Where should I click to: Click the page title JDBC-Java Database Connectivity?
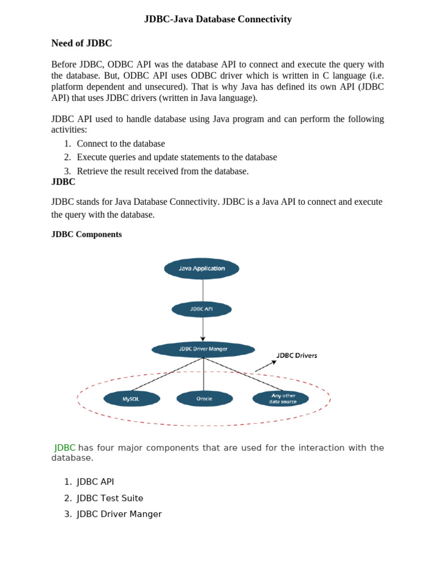click(x=217, y=19)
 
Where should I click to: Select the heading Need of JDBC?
click(x=82, y=43)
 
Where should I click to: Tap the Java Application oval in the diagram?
click(x=202, y=268)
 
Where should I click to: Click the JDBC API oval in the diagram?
click(x=202, y=309)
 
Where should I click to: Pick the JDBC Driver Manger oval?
click(x=203, y=349)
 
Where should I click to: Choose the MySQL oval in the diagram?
click(x=131, y=399)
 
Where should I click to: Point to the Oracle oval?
click(x=204, y=399)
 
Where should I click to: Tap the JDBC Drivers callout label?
click(x=297, y=356)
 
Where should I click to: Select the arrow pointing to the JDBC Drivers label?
click(x=265, y=367)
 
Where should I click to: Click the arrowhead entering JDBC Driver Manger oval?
click(x=203, y=339)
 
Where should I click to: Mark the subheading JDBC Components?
click(x=86, y=234)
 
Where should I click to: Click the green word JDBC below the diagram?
click(x=65, y=448)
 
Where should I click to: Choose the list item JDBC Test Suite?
click(x=110, y=498)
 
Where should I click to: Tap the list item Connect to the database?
click(x=121, y=144)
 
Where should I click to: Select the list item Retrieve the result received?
click(x=162, y=171)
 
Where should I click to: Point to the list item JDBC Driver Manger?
click(x=119, y=514)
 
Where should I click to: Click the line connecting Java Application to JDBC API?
click(x=203, y=290)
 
